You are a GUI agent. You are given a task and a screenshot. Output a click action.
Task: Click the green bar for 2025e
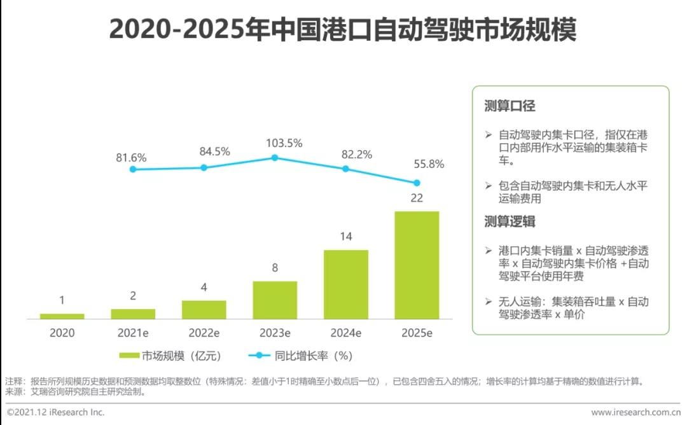coord(417,265)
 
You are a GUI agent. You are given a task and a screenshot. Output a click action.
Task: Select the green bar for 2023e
coord(275,300)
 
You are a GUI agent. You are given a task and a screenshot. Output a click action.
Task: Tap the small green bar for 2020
coord(62,316)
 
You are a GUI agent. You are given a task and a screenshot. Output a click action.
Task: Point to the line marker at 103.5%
coord(275,157)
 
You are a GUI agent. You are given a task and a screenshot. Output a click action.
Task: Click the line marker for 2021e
coord(132,169)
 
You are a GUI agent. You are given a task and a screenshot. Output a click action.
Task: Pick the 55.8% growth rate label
coord(428,164)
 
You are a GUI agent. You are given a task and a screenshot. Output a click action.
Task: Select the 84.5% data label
coord(214,151)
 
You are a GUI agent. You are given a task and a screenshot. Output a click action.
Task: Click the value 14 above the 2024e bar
coord(345,237)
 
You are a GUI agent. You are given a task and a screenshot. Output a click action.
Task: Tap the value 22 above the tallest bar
coord(417,198)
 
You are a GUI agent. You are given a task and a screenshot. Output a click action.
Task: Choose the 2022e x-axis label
coord(204,333)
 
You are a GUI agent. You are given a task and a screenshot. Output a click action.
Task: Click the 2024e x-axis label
coord(346,333)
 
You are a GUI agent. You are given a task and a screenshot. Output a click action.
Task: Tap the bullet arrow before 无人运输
coord(489,302)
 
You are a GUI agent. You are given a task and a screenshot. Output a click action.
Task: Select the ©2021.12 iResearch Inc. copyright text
coord(55,412)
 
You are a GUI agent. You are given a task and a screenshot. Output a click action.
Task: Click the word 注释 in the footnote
coord(13,382)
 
